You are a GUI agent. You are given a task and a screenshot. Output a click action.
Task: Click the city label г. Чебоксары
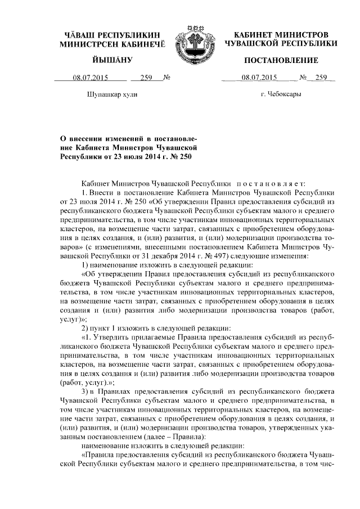(x=281, y=94)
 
